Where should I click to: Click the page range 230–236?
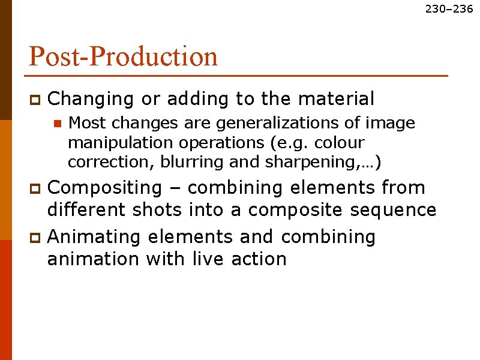tap(449, 9)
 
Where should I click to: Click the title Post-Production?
tap(123, 57)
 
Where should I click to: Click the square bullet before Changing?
tap(35, 98)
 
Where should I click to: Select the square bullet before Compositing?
tap(35, 189)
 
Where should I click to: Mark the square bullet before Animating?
tap(35, 238)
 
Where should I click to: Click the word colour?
tap(343, 143)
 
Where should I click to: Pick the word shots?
tap(154, 210)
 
